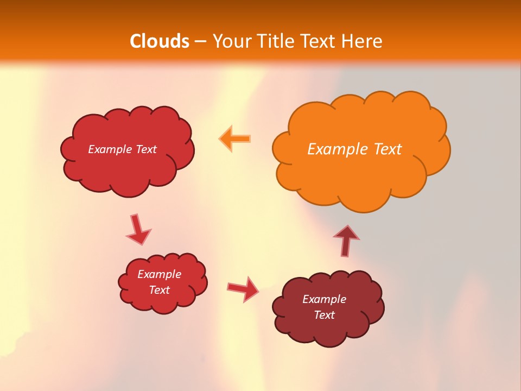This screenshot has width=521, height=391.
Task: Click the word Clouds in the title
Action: [160, 41]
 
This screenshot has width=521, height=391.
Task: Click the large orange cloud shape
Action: [358, 174]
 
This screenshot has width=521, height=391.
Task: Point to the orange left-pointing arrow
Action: [235, 138]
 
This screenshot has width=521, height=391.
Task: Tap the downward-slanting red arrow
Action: [138, 229]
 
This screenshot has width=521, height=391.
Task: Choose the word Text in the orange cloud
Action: [387, 149]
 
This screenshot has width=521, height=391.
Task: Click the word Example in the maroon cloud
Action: [324, 299]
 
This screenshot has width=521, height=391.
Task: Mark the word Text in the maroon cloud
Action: [324, 315]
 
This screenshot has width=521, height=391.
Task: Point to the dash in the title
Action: [200, 42]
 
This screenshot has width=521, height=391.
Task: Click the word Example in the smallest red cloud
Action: [159, 274]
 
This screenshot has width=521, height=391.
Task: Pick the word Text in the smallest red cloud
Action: [159, 290]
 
